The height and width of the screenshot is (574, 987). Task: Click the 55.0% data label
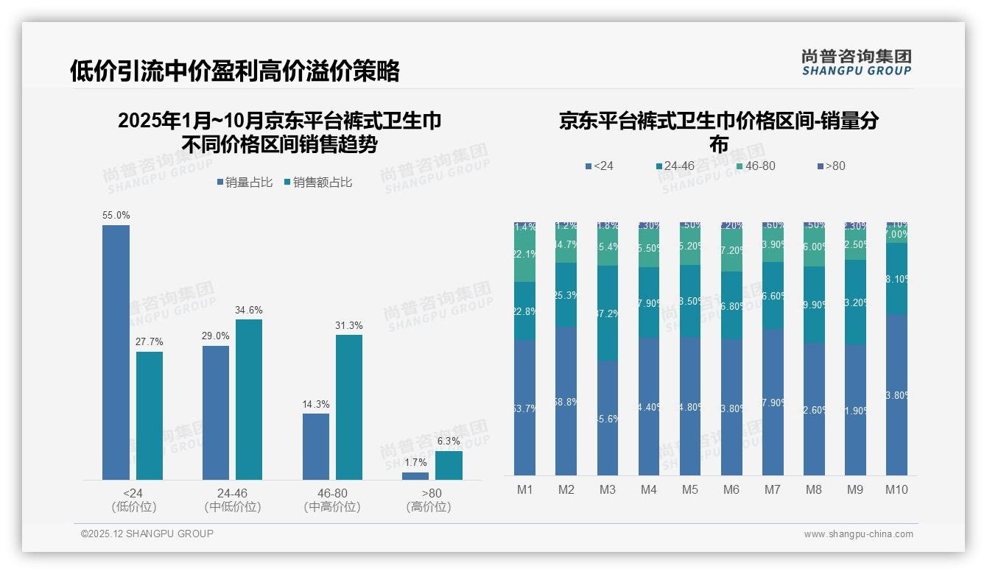point(116,216)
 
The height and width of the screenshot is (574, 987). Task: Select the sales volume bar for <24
point(116,352)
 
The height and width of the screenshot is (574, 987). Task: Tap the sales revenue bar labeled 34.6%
point(249,400)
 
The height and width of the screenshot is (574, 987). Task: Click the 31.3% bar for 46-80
point(349,407)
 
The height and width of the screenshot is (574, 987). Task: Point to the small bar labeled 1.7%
point(415,476)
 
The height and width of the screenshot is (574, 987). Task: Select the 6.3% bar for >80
point(449,465)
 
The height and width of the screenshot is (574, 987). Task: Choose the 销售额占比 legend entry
point(317,183)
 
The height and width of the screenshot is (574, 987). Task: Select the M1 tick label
point(524,489)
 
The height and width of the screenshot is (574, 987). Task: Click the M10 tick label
point(896,489)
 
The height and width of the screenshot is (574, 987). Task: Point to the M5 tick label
point(689,489)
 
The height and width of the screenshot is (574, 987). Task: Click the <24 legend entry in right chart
point(599,166)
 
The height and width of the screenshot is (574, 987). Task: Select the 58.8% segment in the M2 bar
point(566,401)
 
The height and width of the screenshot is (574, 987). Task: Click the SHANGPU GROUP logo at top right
point(856,63)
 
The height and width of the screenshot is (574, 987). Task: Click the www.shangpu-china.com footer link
point(858,534)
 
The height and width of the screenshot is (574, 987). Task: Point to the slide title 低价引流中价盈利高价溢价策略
point(235,71)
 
